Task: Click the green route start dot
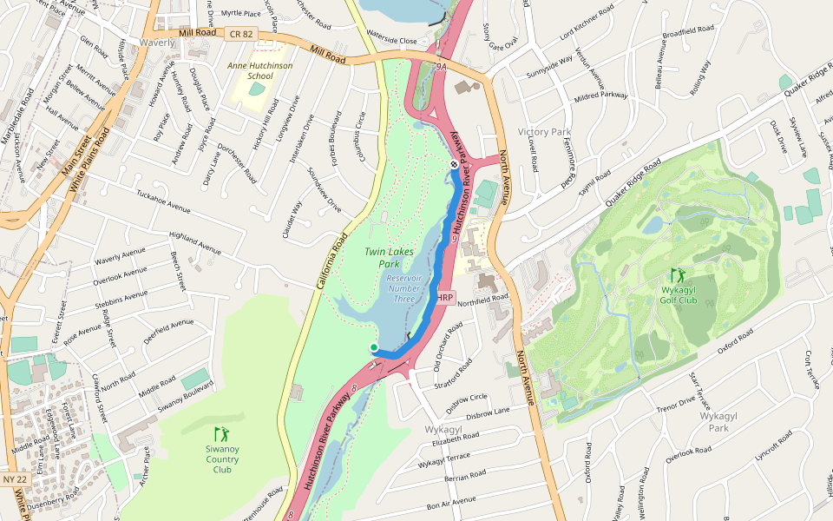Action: [374, 347]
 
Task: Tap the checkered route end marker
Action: [453, 164]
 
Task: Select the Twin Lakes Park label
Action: [386, 257]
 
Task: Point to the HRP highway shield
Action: [445, 298]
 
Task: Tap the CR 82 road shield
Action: [241, 34]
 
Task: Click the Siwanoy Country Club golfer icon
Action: [222, 432]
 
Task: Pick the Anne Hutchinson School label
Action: [260, 70]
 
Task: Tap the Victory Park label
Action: [544, 132]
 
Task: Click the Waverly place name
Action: [157, 42]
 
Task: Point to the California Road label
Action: [325, 260]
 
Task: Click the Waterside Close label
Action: [391, 41]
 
